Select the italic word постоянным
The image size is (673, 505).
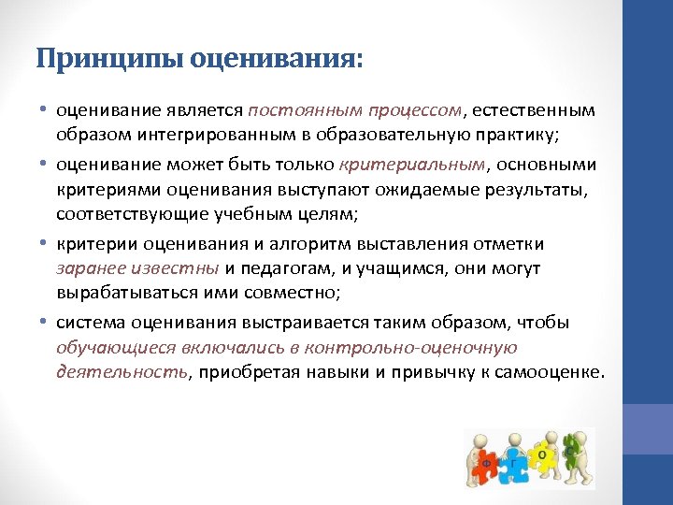(x=299, y=111)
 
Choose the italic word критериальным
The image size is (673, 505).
(x=412, y=165)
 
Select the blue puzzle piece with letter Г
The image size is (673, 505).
(x=513, y=462)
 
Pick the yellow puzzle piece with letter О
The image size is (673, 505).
(x=542, y=454)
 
